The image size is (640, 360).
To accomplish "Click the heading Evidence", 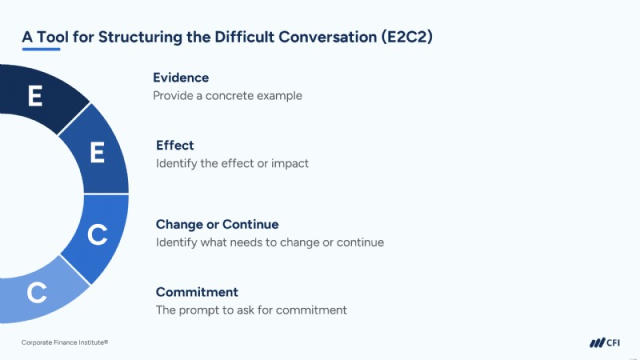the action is (181, 78).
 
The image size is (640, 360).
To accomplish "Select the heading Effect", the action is (174, 146).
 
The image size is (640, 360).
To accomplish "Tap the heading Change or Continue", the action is (217, 224).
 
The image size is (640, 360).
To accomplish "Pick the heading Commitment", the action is (197, 292).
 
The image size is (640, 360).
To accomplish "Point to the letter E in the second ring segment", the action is (97, 153).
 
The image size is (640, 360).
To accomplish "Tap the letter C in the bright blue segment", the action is (98, 234).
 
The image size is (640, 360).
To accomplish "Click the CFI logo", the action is (605, 343).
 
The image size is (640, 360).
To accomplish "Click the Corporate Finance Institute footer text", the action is (65, 342).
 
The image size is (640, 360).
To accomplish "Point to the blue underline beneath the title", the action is (42, 50).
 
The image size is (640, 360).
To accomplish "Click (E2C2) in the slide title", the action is (407, 37).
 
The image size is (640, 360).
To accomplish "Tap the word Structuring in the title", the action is (141, 37).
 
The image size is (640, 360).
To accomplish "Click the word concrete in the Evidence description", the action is (230, 96).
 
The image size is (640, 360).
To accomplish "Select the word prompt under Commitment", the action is (198, 310).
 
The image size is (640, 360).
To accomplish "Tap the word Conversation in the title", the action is (328, 37).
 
